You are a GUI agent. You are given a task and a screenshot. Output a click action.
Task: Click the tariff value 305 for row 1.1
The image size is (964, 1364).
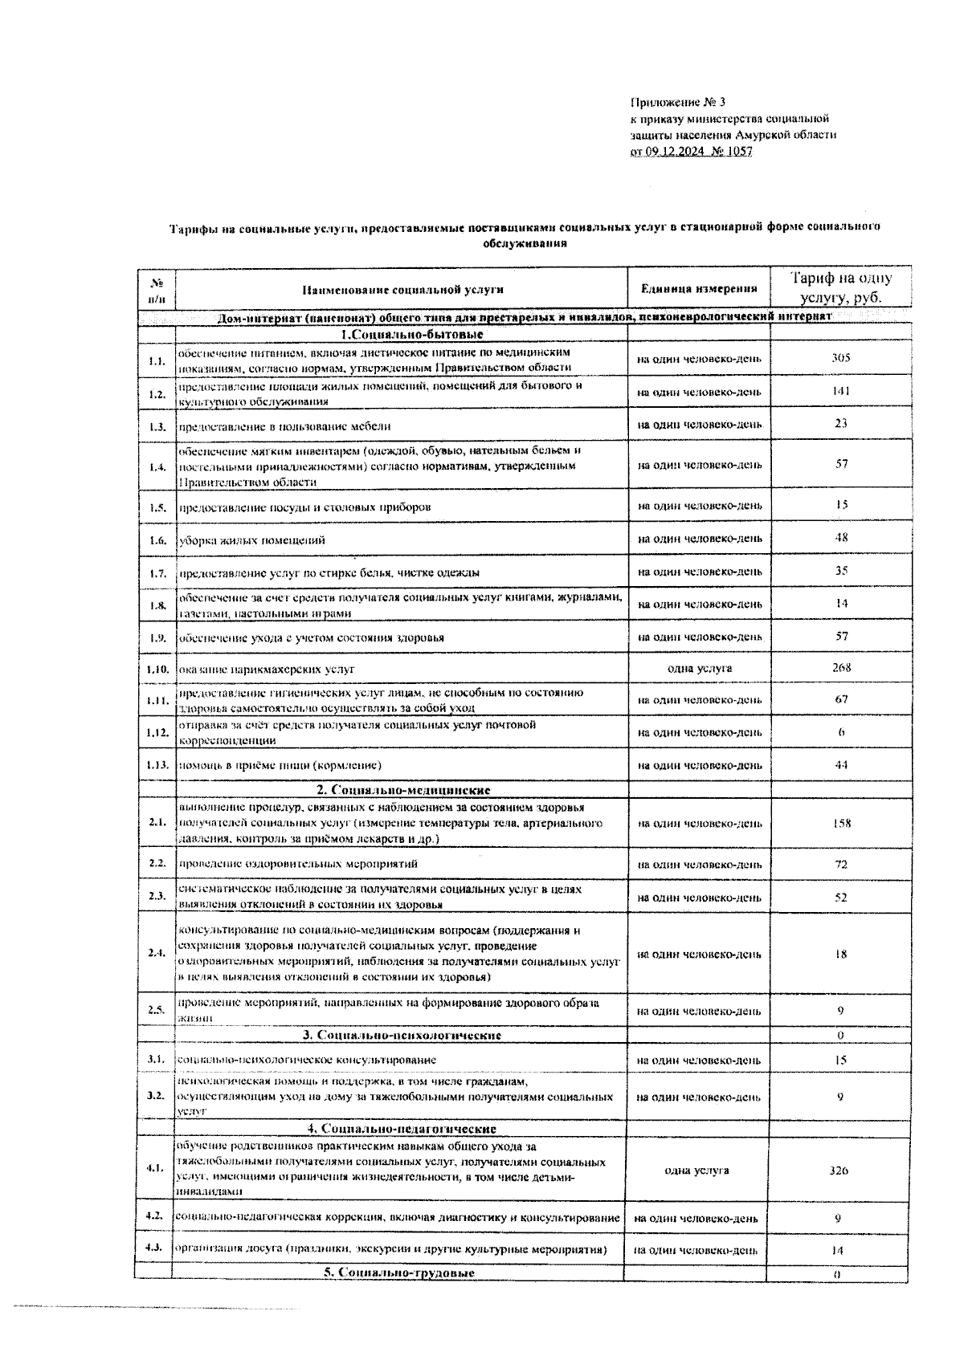(840, 358)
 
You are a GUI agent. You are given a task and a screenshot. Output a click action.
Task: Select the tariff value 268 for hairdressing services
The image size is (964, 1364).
(840, 668)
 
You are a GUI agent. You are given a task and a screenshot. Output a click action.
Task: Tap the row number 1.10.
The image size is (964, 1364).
(157, 669)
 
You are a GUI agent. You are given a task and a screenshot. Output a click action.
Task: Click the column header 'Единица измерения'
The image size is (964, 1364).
(699, 289)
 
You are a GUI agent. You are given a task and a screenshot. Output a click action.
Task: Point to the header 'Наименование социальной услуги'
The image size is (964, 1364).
(402, 290)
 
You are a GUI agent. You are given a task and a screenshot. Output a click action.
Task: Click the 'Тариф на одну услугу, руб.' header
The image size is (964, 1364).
(840, 288)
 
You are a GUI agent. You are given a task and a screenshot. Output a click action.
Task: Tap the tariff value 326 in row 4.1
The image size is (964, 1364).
(839, 1171)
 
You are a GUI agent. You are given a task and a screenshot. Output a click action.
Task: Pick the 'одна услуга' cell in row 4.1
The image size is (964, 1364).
(697, 1171)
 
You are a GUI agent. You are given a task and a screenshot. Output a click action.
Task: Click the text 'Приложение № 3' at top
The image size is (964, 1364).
(678, 102)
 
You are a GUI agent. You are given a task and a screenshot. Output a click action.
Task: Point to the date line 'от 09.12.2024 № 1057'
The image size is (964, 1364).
(691, 152)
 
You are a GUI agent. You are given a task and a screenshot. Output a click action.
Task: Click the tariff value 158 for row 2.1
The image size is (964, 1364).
(840, 823)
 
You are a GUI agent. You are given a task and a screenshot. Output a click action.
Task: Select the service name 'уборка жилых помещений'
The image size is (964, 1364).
(251, 540)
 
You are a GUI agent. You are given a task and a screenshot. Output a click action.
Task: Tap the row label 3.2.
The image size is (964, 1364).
(156, 1095)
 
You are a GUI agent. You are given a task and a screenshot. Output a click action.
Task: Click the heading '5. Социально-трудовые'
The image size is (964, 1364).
(399, 1273)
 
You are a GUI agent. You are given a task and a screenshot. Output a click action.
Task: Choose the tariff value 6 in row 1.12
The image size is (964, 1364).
(840, 732)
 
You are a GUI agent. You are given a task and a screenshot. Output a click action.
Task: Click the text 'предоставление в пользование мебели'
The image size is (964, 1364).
(284, 426)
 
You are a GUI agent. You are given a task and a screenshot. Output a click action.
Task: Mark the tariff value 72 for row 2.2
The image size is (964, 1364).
(840, 865)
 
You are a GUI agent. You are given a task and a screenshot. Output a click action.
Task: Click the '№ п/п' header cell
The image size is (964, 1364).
(157, 290)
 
